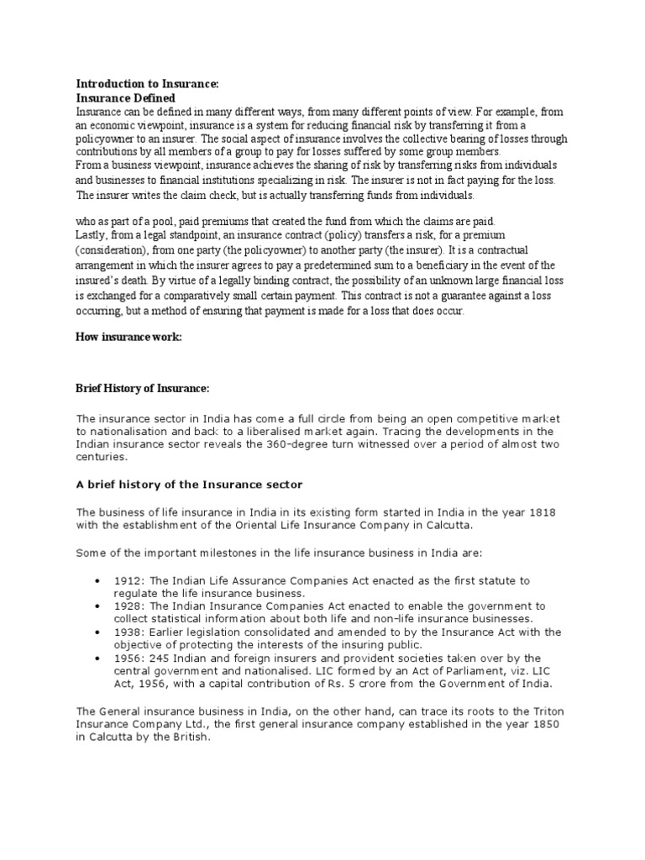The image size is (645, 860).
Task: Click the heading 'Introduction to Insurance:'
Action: point(147,84)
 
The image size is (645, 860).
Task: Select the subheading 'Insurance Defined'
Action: point(126,97)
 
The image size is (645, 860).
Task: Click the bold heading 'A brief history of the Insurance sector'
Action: point(189,485)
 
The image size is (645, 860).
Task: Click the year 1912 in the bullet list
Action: point(133,581)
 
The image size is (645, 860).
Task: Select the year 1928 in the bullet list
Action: point(133,606)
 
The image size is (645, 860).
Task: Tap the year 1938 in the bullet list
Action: point(133,632)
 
